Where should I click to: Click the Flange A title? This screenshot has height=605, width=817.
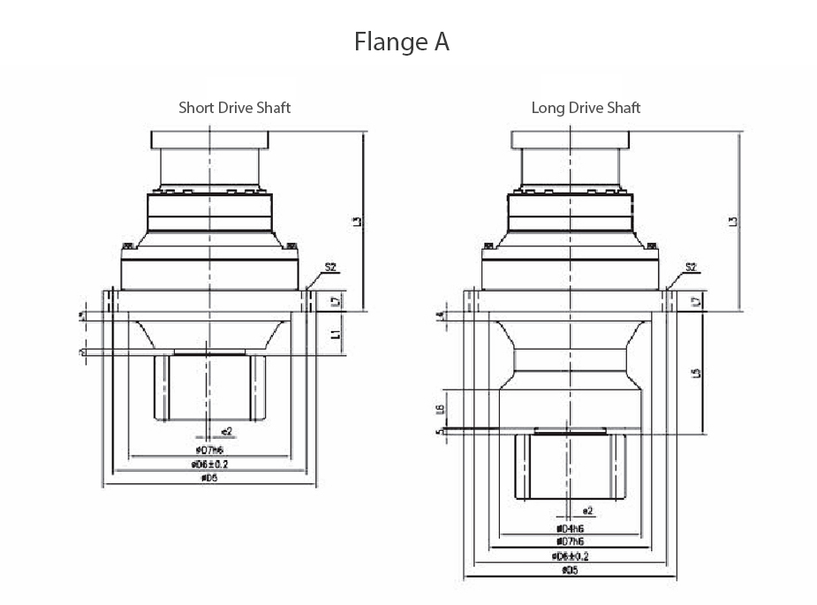click(402, 42)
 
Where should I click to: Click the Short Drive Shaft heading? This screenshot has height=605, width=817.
click(234, 108)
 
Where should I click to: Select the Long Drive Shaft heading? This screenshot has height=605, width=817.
click(586, 108)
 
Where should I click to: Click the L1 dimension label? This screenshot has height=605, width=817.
click(336, 334)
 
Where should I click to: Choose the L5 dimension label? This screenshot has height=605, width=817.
click(697, 374)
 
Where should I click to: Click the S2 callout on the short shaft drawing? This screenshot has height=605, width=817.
click(330, 267)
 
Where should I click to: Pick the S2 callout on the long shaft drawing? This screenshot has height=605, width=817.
click(691, 267)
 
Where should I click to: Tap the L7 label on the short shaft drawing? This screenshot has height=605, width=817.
click(336, 302)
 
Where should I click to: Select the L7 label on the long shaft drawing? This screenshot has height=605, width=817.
click(697, 302)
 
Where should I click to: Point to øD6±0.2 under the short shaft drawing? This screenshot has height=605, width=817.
click(209, 464)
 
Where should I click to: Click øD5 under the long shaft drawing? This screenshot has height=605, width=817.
click(570, 571)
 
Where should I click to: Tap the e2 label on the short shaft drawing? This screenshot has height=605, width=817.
click(226, 431)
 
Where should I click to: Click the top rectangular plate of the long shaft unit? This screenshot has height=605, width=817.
click(570, 140)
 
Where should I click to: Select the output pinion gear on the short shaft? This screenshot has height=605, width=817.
click(208, 387)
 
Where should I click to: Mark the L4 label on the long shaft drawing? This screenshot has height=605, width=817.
click(440, 315)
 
